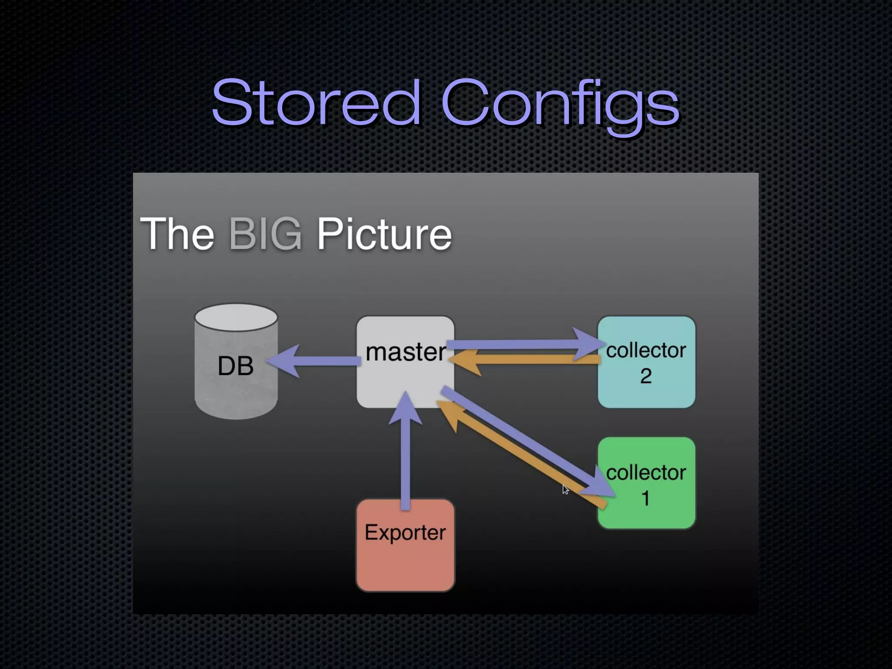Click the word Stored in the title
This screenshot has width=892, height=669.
(x=316, y=103)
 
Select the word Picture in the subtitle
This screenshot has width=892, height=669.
(x=384, y=234)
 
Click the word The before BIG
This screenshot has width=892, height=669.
(x=177, y=234)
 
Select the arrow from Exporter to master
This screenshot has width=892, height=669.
(x=405, y=457)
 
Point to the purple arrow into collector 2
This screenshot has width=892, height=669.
(x=523, y=345)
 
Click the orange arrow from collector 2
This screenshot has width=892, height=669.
(x=523, y=360)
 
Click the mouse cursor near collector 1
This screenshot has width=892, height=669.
(x=565, y=490)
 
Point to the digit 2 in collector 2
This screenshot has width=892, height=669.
(x=646, y=376)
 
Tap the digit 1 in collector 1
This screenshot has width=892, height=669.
(x=646, y=498)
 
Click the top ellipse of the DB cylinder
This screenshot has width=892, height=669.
(x=236, y=317)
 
